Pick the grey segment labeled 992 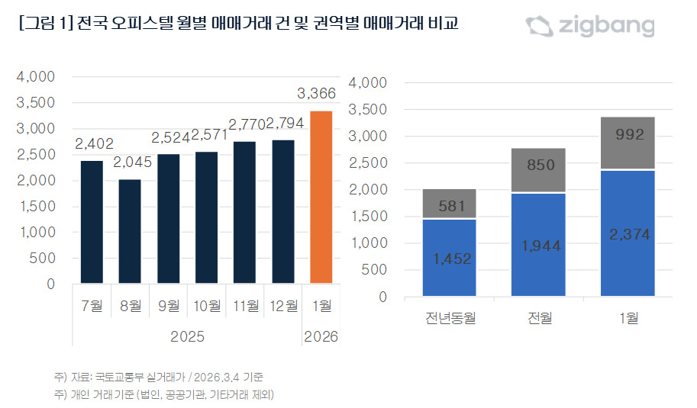pos(629,143)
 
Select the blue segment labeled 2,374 pos(629,233)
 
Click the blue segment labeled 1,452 pos(449,257)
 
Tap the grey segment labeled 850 pos(539,170)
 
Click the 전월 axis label pos(539,318)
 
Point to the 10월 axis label pos(206,306)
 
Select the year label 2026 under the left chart pos(321,336)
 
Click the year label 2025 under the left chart pos(187,336)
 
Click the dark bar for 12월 pos(282,211)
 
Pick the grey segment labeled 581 pos(449,204)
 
